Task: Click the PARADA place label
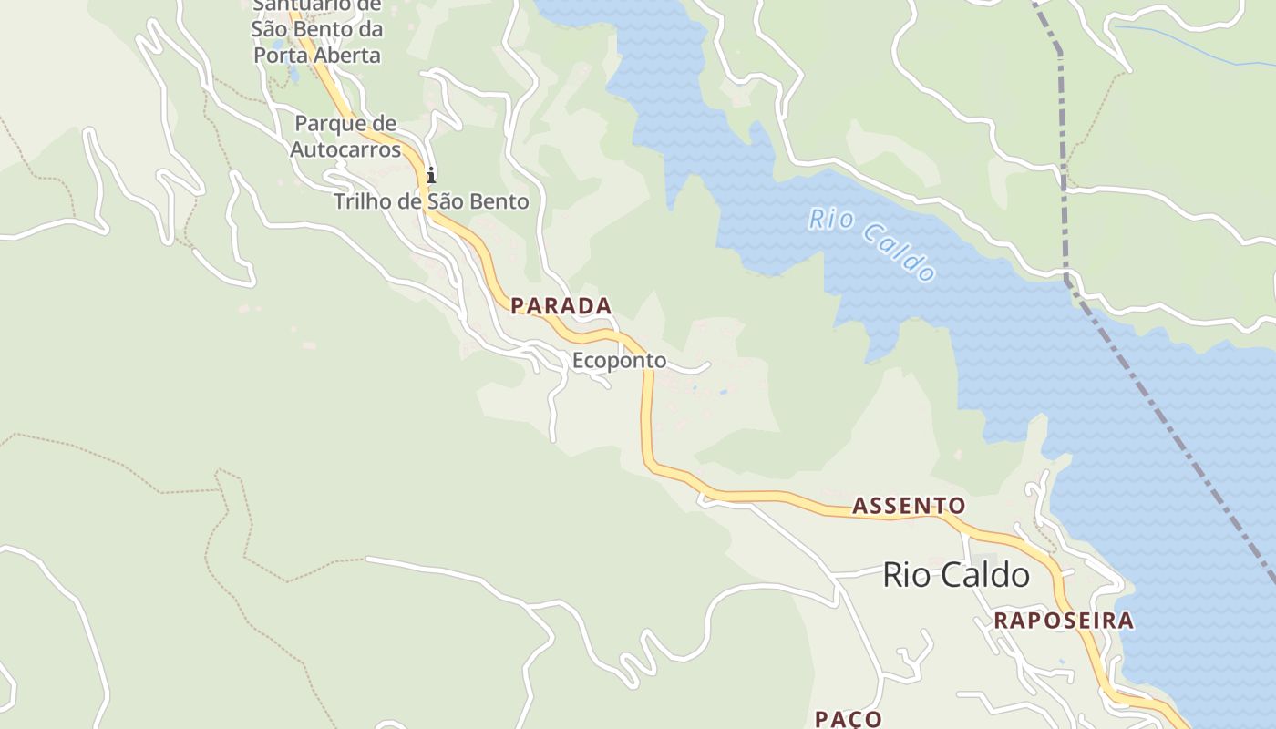(561, 306)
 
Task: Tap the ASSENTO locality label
(908, 506)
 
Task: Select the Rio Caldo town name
(956, 575)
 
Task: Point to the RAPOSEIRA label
(1064, 621)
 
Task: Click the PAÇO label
(848, 718)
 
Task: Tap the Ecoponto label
(619, 361)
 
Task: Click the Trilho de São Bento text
(431, 201)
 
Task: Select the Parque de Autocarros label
(345, 136)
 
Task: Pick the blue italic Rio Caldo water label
(872, 244)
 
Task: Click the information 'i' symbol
(431, 175)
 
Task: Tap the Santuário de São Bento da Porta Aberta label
(316, 31)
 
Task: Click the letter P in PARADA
(518, 306)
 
